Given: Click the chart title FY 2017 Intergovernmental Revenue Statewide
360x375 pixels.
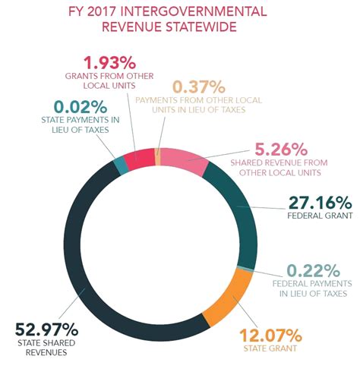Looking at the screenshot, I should pos(180,20).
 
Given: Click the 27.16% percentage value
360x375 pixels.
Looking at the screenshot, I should pos(319,203).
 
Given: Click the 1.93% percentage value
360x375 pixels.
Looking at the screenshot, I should pos(109,63).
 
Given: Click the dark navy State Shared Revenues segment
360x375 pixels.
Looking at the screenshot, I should pos(84,258).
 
